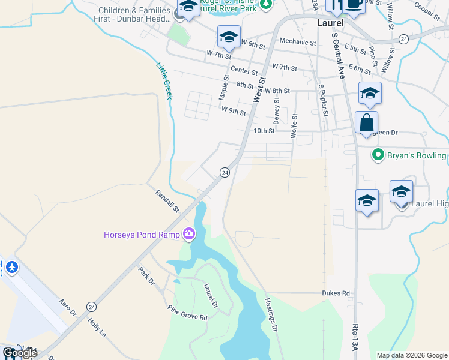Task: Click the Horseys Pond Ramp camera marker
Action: [189, 233]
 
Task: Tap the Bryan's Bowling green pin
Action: [378, 155]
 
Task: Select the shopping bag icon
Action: [366, 123]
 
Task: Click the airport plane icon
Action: [11, 266]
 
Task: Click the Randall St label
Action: [167, 201]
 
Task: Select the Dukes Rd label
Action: [337, 293]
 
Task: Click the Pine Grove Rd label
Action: [187, 313]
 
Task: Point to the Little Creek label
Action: [164, 81]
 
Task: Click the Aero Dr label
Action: [68, 307]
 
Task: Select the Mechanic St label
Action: [298, 43]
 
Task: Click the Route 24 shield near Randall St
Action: [224, 173]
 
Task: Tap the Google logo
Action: [19, 353]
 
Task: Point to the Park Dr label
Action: [146, 276]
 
